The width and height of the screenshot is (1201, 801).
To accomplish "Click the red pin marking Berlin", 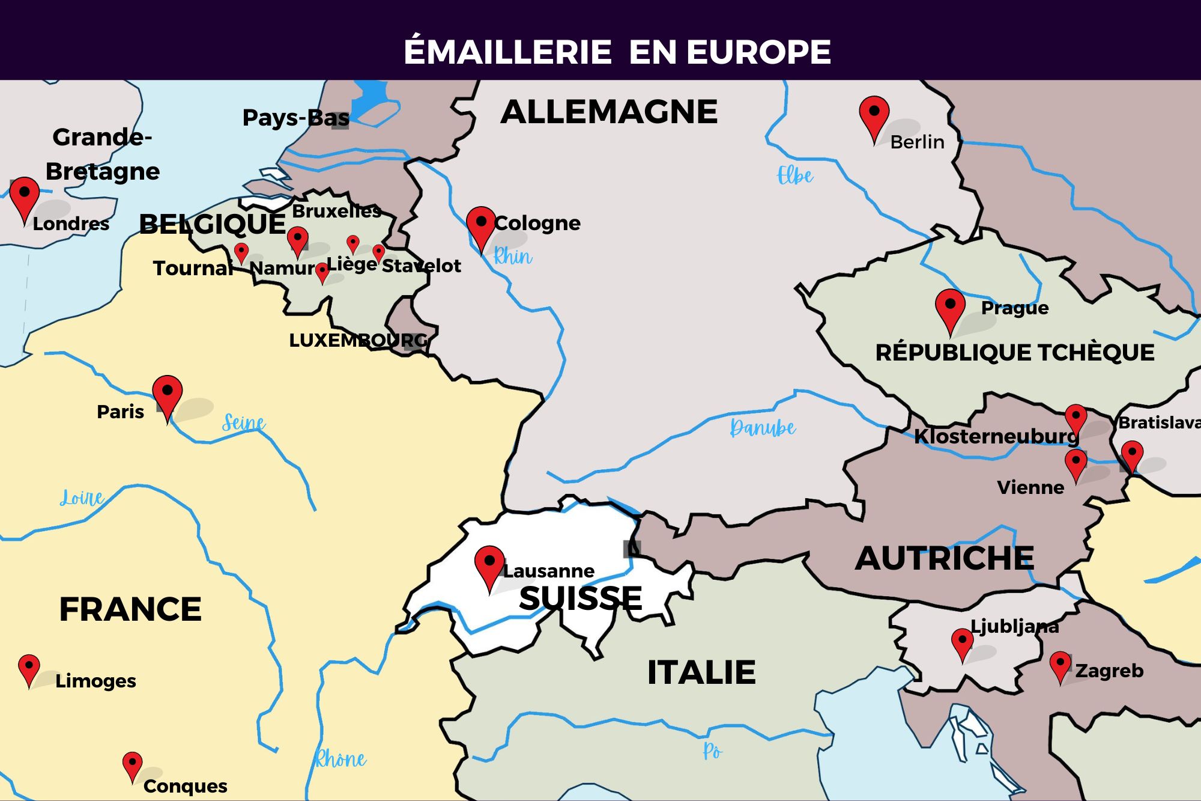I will (874, 116).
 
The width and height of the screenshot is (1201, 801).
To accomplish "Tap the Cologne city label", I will (537, 223).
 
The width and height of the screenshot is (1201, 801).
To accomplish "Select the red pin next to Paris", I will (168, 395).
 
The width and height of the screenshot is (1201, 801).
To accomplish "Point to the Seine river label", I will (243, 422).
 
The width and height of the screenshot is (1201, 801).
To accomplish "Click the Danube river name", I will (763, 428).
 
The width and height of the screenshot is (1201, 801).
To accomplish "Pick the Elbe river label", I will (795, 175).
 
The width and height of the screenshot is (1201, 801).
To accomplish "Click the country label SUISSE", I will (581, 598).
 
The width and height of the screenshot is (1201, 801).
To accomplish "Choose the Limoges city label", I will (95, 681).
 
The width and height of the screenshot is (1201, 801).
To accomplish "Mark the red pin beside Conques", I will (132, 764).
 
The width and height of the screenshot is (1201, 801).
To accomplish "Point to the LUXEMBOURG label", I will (358, 340).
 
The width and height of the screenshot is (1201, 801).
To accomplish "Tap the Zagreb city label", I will (1109, 671).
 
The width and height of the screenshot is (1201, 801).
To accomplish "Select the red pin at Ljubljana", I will (962, 642).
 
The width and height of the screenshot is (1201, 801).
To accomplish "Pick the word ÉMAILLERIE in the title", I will (507, 52).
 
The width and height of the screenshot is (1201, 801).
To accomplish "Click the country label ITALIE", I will (701, 672).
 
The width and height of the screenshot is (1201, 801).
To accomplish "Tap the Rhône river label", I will (340, 760).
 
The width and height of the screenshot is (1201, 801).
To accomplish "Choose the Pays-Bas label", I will (295, 118).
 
